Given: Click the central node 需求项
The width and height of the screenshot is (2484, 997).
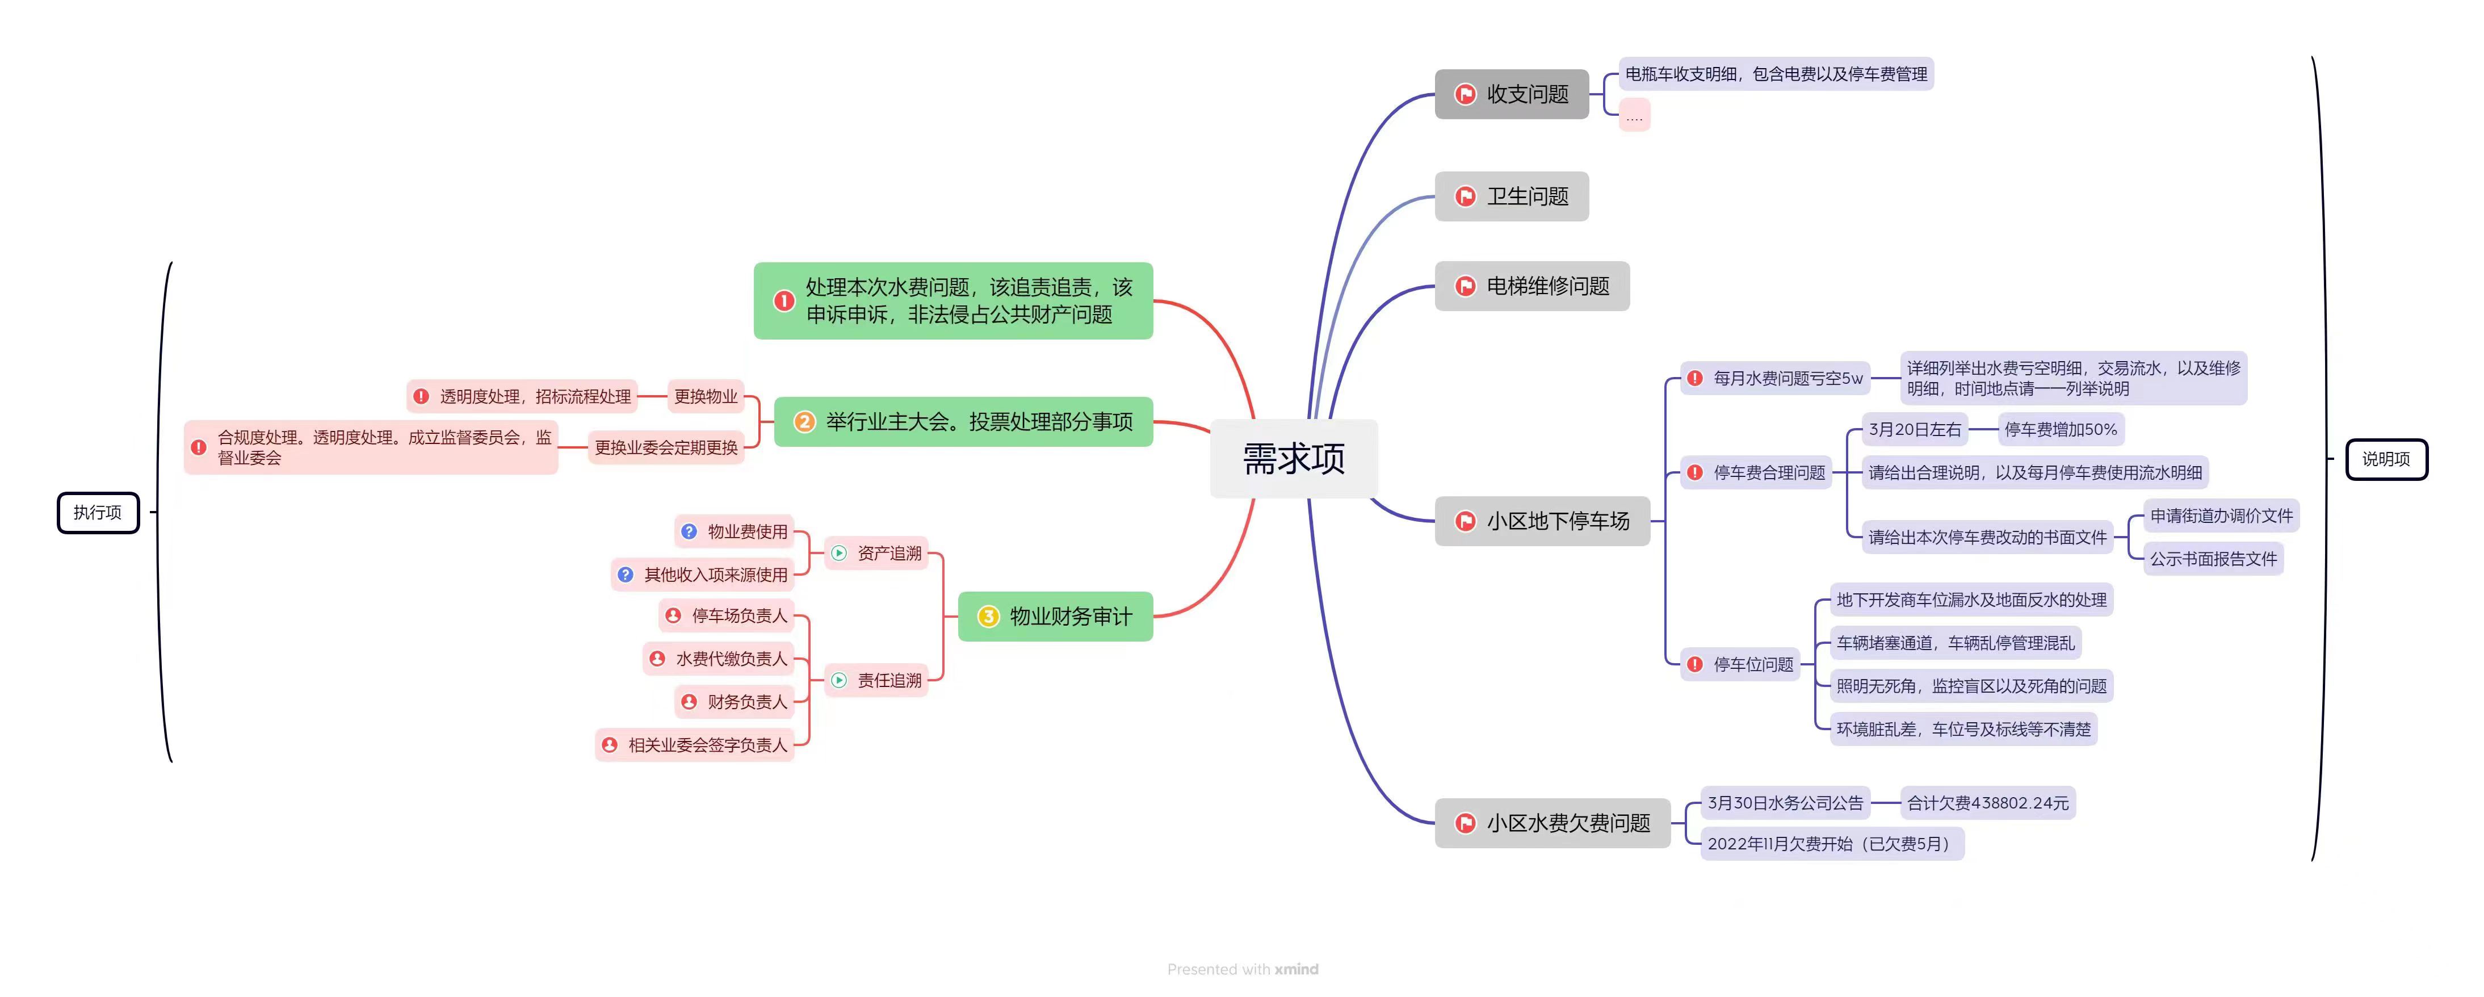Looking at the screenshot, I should click(x=1293, y=459).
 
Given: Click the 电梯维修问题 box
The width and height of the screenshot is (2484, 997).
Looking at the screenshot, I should click(x=1531, y=286).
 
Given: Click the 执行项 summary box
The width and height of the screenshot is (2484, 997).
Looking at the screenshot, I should click(x=98, y=512).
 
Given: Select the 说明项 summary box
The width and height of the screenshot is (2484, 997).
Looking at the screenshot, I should click(x=2386, y=459).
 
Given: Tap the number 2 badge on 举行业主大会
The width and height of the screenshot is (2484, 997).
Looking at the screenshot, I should click(x=804, y=421).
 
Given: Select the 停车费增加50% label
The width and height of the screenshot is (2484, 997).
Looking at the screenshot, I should click(x=2061, y=430).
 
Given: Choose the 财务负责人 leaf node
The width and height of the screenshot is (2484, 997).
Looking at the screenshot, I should click(x=735, y=702).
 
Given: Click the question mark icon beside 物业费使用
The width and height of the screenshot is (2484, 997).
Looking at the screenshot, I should click(x=689, y=531).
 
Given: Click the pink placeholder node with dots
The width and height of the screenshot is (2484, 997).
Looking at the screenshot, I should click(x=1634, y=116).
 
